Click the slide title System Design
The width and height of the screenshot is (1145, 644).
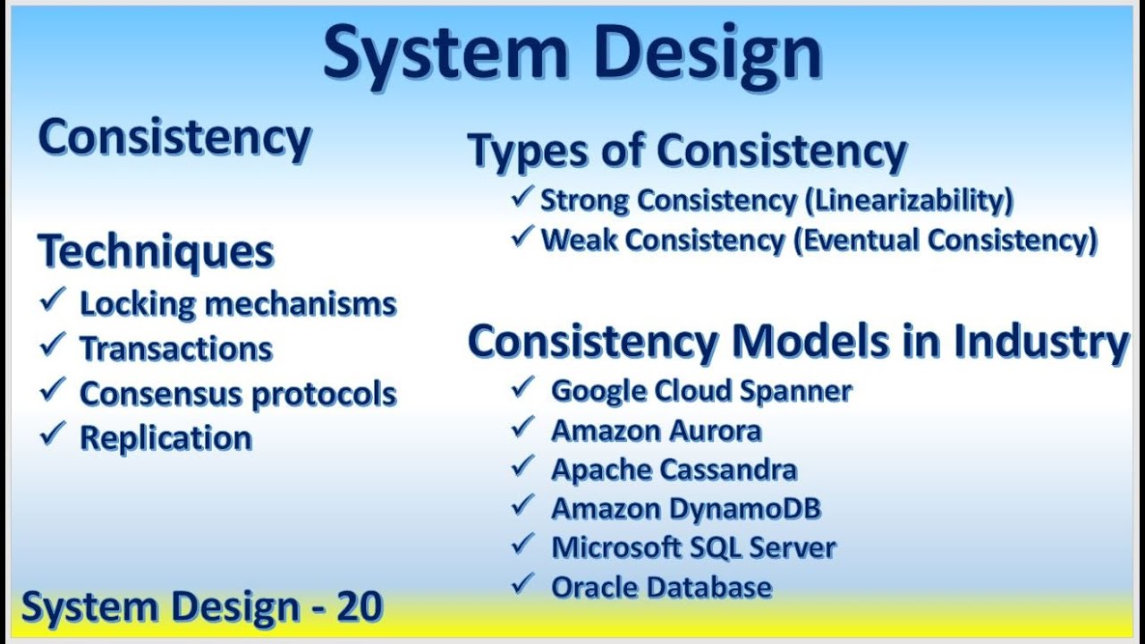point(572,54)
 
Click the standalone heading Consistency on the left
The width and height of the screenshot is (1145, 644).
point(174,139)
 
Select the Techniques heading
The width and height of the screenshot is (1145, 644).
point(156,252)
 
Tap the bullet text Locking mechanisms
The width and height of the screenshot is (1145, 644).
point(238,304)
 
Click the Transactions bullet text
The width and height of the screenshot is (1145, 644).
point(176,349)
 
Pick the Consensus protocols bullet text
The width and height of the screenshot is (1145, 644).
point(238,394)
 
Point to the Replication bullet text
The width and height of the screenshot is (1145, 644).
point(166,438)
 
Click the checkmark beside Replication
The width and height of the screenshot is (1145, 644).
point(53,436)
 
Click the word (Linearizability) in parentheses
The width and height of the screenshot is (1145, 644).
point(909,200)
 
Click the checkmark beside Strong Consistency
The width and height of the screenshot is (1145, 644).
point(522,198)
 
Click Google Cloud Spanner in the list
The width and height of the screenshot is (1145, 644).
point(701,391)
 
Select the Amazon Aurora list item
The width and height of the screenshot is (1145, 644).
point(656,430)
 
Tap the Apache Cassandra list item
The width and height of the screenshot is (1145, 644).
point(674,470)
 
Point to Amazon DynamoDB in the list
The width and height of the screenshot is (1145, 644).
point(686,509)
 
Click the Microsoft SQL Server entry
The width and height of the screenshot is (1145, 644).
point(693,547)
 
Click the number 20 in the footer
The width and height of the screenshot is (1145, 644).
point(360,607)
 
